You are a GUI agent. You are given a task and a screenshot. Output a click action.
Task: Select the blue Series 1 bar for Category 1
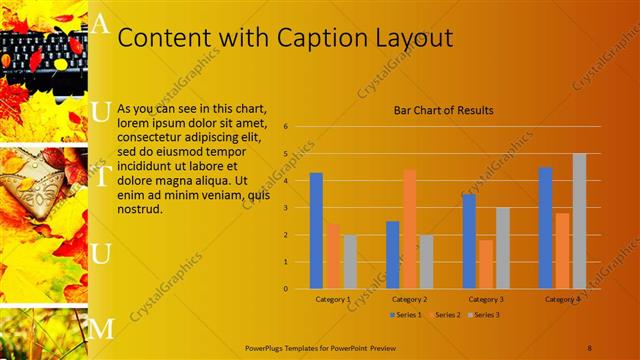coord(316,230)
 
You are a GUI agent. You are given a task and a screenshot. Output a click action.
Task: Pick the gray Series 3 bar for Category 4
coord(579,221)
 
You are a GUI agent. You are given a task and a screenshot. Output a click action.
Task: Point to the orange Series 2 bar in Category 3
coord(485,264)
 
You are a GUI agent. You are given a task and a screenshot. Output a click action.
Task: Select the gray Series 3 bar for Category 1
coord(350,261)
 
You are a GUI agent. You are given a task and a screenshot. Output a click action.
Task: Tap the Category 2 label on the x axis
coord(409,299)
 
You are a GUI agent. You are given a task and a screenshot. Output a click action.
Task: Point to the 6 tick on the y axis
coord(286,127)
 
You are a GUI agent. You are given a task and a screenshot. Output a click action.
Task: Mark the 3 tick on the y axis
coord(286,208)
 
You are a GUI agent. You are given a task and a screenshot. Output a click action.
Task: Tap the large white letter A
coord(100,25)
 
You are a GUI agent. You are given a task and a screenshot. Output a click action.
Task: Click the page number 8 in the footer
coord(590,347)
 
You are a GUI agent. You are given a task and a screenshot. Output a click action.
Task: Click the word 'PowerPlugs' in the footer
coord(266,347)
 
